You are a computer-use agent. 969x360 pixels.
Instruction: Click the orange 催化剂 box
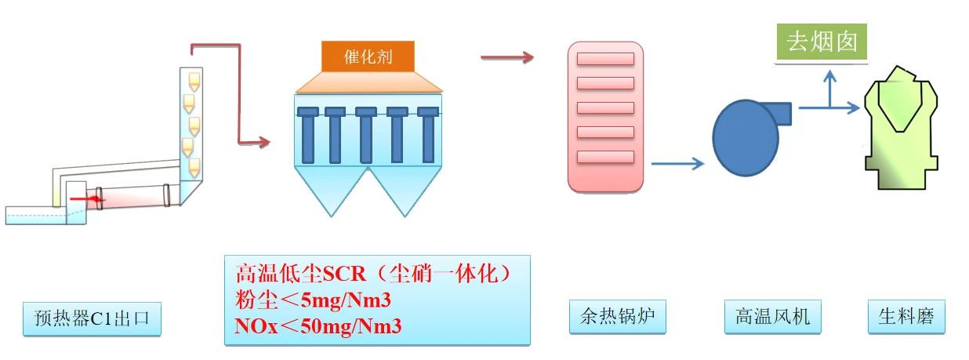(368, 56)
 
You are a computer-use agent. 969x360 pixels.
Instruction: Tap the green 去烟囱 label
(822, 43)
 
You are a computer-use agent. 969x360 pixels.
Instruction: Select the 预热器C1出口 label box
(92, 318)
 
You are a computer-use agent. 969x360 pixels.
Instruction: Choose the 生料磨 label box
(906, 317)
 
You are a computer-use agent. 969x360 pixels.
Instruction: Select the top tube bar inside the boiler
(605, 59)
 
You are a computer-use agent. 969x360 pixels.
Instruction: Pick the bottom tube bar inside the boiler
(605, 157)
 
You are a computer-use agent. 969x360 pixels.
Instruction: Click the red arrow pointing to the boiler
(506, 57)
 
